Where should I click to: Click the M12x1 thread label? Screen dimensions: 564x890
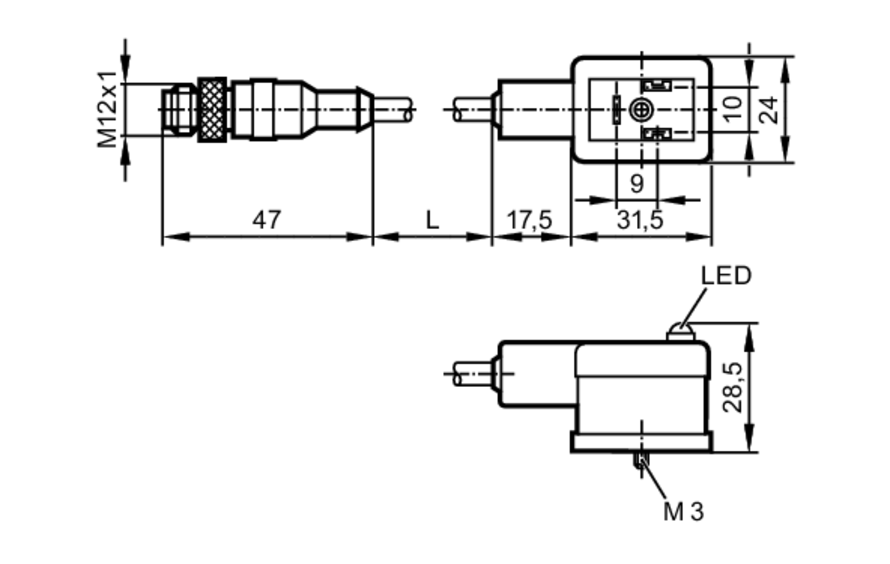click(108, 110)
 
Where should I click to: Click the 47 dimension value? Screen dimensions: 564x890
click(267, 220)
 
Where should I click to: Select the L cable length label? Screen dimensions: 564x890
click(433, 220)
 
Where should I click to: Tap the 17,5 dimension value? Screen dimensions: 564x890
click(530, 220)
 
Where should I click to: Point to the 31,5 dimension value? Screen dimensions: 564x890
click(640, 220)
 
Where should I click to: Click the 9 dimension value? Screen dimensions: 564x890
click(637, 183)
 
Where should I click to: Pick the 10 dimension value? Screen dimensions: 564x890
click(732, 109)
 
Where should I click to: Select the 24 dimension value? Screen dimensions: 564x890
click(769, 110)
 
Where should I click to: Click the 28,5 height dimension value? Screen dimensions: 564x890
click(732, 388)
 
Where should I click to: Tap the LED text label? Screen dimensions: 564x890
click(726, 276)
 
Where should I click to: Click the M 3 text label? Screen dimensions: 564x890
click(684, 511)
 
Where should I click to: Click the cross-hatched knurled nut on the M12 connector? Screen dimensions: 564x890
click(212, 110)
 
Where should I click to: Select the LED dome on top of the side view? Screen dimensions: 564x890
click(680, 332)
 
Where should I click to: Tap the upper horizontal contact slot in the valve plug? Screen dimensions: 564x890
click(657, 85)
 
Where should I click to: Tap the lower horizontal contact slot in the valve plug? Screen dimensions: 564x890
click(657, 133)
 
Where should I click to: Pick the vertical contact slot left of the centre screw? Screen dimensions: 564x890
click(616, 110)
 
